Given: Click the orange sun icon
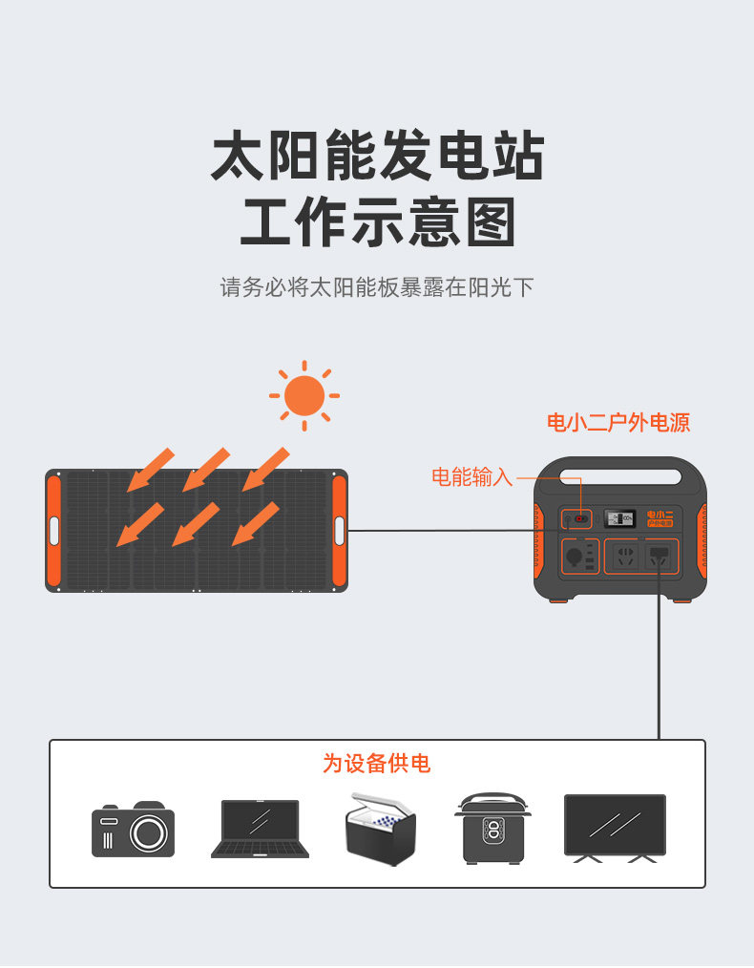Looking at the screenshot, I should [x=304, y=395].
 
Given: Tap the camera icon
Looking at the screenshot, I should [x=133, y=829].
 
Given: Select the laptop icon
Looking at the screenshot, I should [x=260, y=829].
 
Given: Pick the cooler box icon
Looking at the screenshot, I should [x=380, y=829].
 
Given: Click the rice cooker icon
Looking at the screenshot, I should [x=492, y=828].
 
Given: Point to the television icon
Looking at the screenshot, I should [x=615, y=828].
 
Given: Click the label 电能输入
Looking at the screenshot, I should [x=471, y=477].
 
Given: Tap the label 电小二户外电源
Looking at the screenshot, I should [x=618, y=422].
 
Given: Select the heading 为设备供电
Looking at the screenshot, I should [x=376, y=764].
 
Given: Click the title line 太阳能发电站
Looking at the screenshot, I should [x=377, y=158].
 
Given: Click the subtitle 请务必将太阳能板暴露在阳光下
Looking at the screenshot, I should [x=377, y=287].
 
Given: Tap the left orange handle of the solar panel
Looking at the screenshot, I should [x=53, y=530].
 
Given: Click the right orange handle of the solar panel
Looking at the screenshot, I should [x=339, y=530].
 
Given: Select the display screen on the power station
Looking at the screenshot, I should [x=619, y=519].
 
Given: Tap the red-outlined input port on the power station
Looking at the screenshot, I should [x=580, y=519].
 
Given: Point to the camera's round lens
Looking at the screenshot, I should [x=148, y=834].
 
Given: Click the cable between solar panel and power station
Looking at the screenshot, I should [x=439, y=531].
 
